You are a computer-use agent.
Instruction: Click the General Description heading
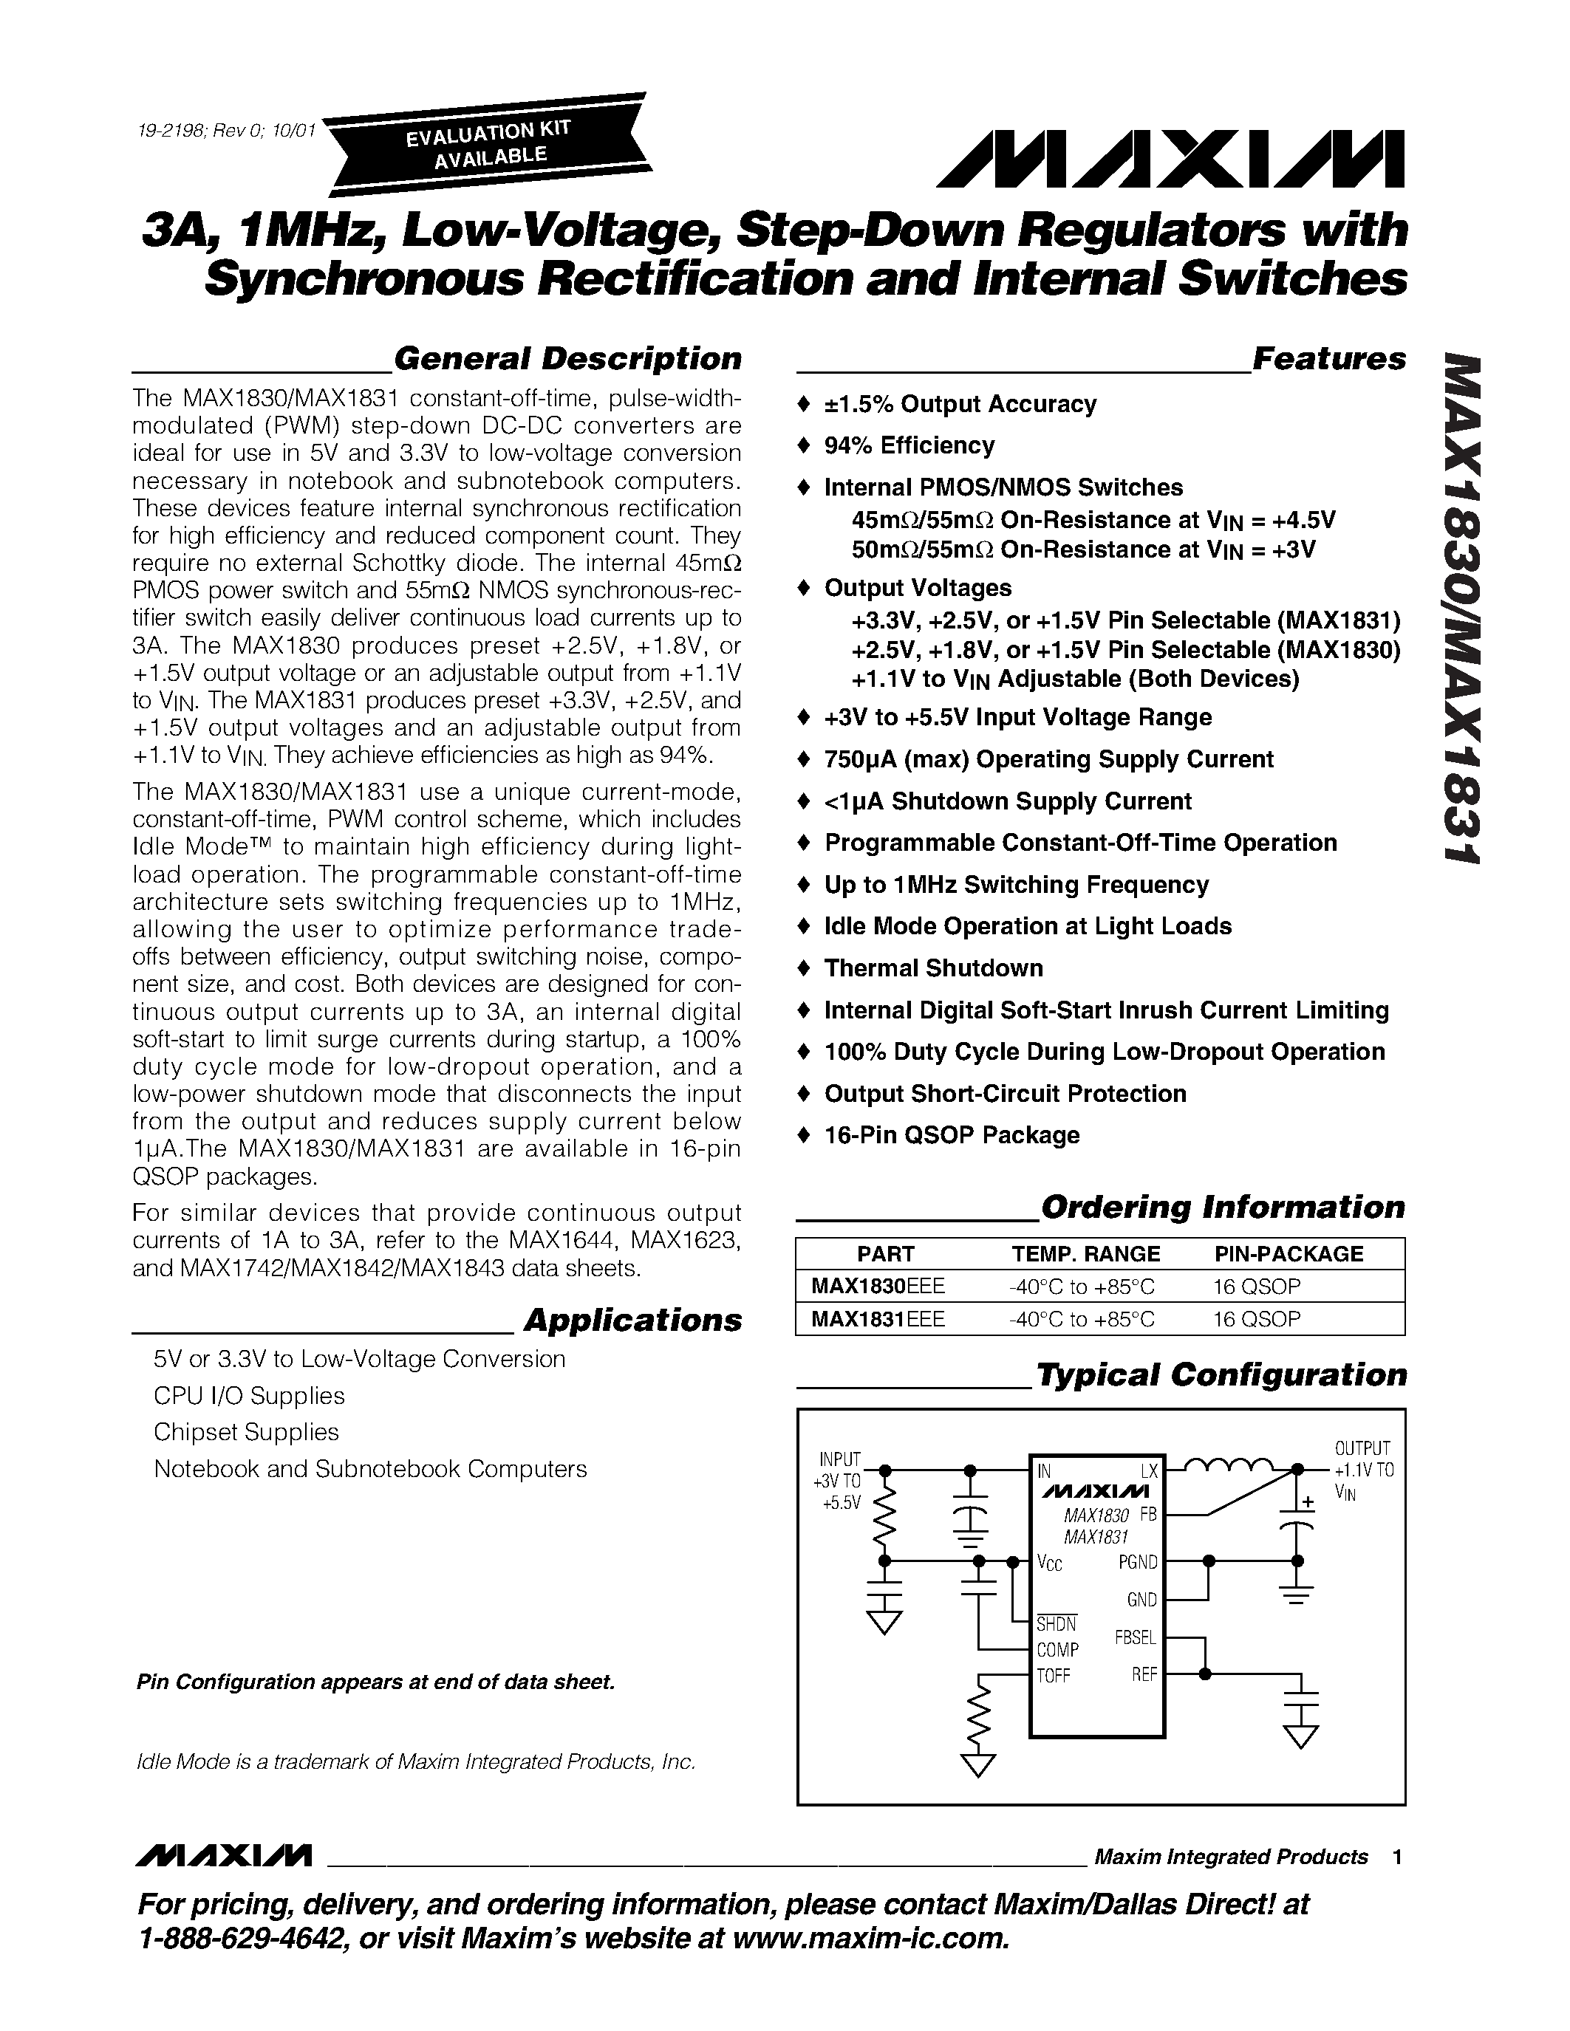pyautogui.click(x=567, y=358)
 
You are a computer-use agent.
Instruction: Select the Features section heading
pyautogui.click(x=1328, y=358)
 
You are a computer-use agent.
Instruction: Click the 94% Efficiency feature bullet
pyautogui.click(x=909, y=445)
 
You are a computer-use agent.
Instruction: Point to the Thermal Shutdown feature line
pyautogui.click(x=933, y=968)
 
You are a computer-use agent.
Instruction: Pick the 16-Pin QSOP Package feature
pyautogui.click(x=952, y=1134)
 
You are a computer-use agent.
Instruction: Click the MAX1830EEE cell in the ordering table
pyautogui.click(x=878, y=1286)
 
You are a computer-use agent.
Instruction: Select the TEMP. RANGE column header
pyautogui.click(x=1085, y=1253)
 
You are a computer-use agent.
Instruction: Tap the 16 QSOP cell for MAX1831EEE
pyautogui.click(x=1257, y=1318)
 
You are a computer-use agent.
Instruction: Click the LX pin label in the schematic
pyautogui.click(x=1150, y=1470)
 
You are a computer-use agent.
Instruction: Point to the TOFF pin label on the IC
pyautogui.click(x=1054, y=1676)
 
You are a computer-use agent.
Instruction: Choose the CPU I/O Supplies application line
pyautogui.click(x=249, y=1396)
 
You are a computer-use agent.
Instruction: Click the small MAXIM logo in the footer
pyautogui.click(x=223, y=1856)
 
